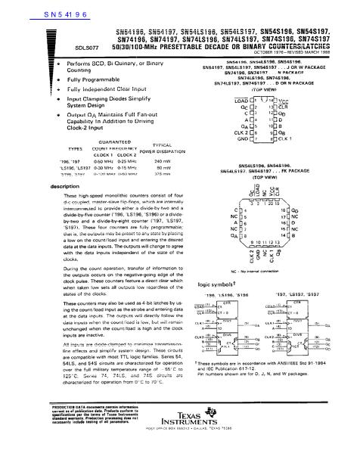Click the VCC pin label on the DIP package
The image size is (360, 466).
[x=283, y=100]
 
